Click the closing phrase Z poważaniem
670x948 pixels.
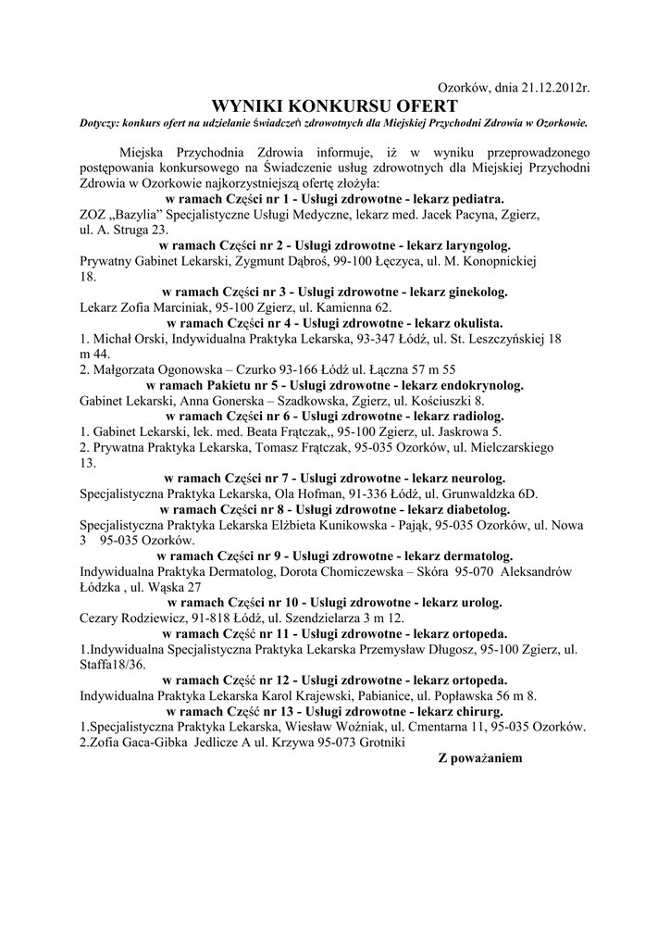tap(480, 758)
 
